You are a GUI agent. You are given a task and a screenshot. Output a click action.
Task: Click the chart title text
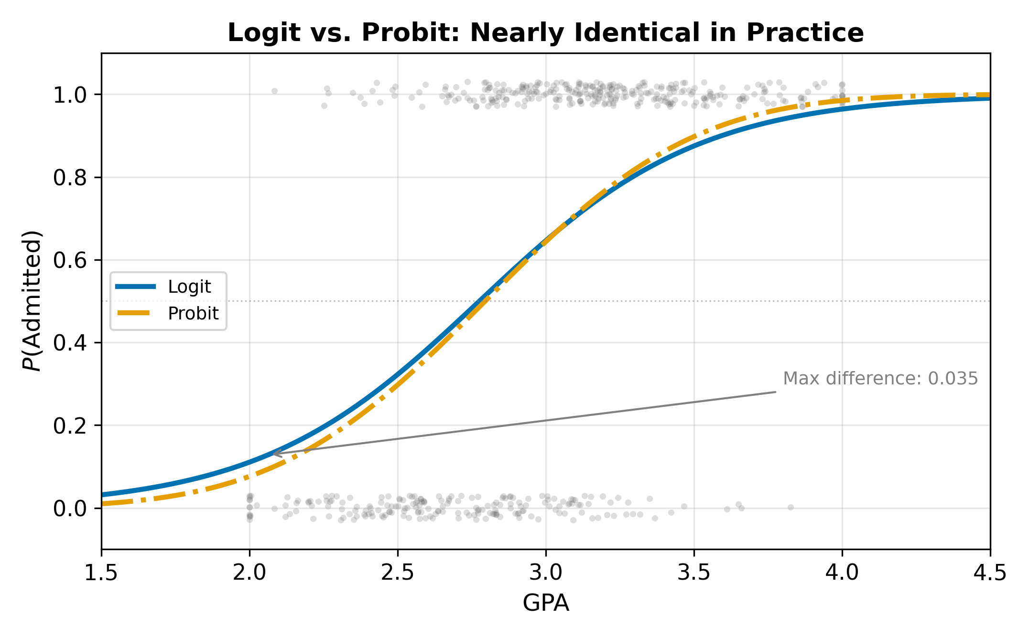[x=545, y=33]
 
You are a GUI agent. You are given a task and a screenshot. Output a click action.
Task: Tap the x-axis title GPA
[x=545, y=603]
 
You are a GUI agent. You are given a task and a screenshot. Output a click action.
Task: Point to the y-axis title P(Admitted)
[x=32, y=301]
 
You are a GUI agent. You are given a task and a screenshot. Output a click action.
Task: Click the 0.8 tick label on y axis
[x=70, y=178]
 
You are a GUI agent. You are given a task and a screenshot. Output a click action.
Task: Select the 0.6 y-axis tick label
[x=70, y=260]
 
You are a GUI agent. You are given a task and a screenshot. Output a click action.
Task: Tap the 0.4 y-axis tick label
[x=70, y=343]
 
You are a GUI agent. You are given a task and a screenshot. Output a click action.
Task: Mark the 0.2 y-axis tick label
[x=70, y=425]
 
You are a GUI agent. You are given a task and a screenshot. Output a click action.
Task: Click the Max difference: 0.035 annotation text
[x=880, y=379]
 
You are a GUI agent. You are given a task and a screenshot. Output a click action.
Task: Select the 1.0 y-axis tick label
[x=70, y=95]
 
